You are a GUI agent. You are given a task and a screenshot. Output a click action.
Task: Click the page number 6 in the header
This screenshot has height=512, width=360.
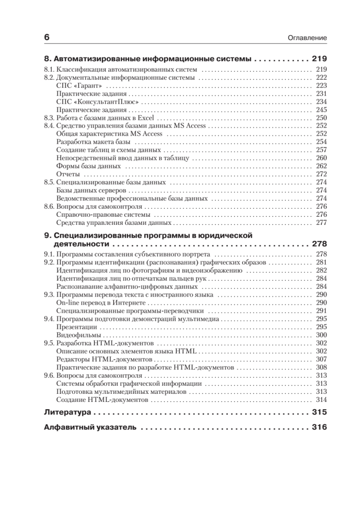pos(47,37)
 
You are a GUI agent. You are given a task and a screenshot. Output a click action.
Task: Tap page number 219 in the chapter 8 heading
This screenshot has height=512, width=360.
pos(319,59)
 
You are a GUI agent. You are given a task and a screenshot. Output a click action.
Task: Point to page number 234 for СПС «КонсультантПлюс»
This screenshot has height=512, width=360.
pos(321,102)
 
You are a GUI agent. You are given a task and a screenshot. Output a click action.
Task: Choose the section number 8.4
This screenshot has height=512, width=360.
pos(49,126)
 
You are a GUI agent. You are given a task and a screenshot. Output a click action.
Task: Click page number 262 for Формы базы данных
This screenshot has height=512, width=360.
pos(321,166)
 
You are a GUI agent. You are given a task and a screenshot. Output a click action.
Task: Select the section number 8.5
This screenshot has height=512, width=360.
pos(49,182)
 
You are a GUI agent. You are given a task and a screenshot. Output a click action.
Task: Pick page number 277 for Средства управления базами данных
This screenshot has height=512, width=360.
pos(321,223)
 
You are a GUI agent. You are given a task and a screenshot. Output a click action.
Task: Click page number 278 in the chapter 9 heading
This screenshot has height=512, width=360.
pos(319,244)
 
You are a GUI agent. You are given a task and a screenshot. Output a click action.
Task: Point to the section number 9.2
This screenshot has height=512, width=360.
pos(49,262)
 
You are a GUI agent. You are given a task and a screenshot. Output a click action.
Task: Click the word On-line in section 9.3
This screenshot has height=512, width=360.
pos(66,303)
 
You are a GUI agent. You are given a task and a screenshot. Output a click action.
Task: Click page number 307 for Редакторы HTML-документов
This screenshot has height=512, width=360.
pos(321,359)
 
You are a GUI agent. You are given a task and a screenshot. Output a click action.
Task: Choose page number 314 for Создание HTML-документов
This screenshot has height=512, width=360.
pos(321,400)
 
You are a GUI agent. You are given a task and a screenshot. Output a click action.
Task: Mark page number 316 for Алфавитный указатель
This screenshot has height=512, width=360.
pos(319,428)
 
